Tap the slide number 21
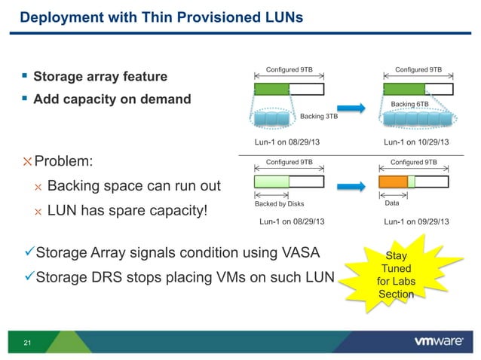(x=28, y=344)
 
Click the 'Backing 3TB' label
(x=318, y=117)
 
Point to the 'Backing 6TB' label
(x=410, y=104)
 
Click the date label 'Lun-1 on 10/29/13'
(x=416, y=142)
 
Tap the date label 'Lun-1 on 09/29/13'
(x=416, y=221)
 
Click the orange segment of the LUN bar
(x=392, y=182)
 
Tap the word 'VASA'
(x=298, y=252)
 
